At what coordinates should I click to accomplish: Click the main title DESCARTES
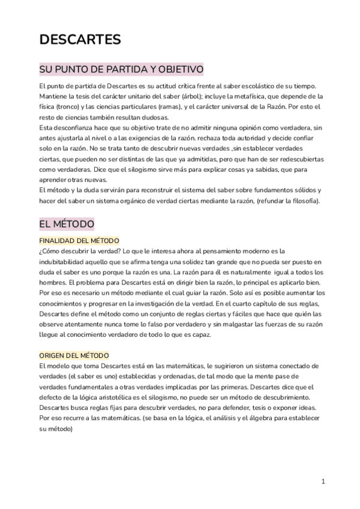(x=80, y=40)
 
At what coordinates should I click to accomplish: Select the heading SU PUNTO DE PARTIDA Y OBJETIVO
(x=121, y=69)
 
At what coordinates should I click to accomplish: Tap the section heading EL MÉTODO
(x=66, y=224)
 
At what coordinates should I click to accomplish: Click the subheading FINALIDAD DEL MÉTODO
(x=79, y=240)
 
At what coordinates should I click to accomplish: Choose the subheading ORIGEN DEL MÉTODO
(x=74, y=355)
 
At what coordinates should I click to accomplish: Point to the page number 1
(x=323, y=481)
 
